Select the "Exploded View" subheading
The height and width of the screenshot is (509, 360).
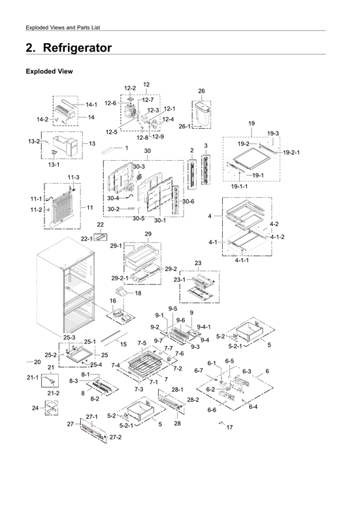pos(48,71)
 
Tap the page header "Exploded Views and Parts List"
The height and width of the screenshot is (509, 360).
pos(63,27)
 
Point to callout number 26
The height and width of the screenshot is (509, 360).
pos(201,91)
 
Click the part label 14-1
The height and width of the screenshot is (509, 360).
pos(91,105)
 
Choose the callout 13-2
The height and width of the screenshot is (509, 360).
pos(34,141)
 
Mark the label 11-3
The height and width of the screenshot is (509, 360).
pos(73,178)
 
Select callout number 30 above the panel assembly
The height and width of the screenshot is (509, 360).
pos(147,151)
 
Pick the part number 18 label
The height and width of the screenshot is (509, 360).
pos(137,293)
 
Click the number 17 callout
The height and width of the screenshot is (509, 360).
pos(229,427)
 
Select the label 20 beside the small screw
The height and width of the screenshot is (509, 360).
pos(37,361)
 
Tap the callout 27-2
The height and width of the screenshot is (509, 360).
pos(115,436)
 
